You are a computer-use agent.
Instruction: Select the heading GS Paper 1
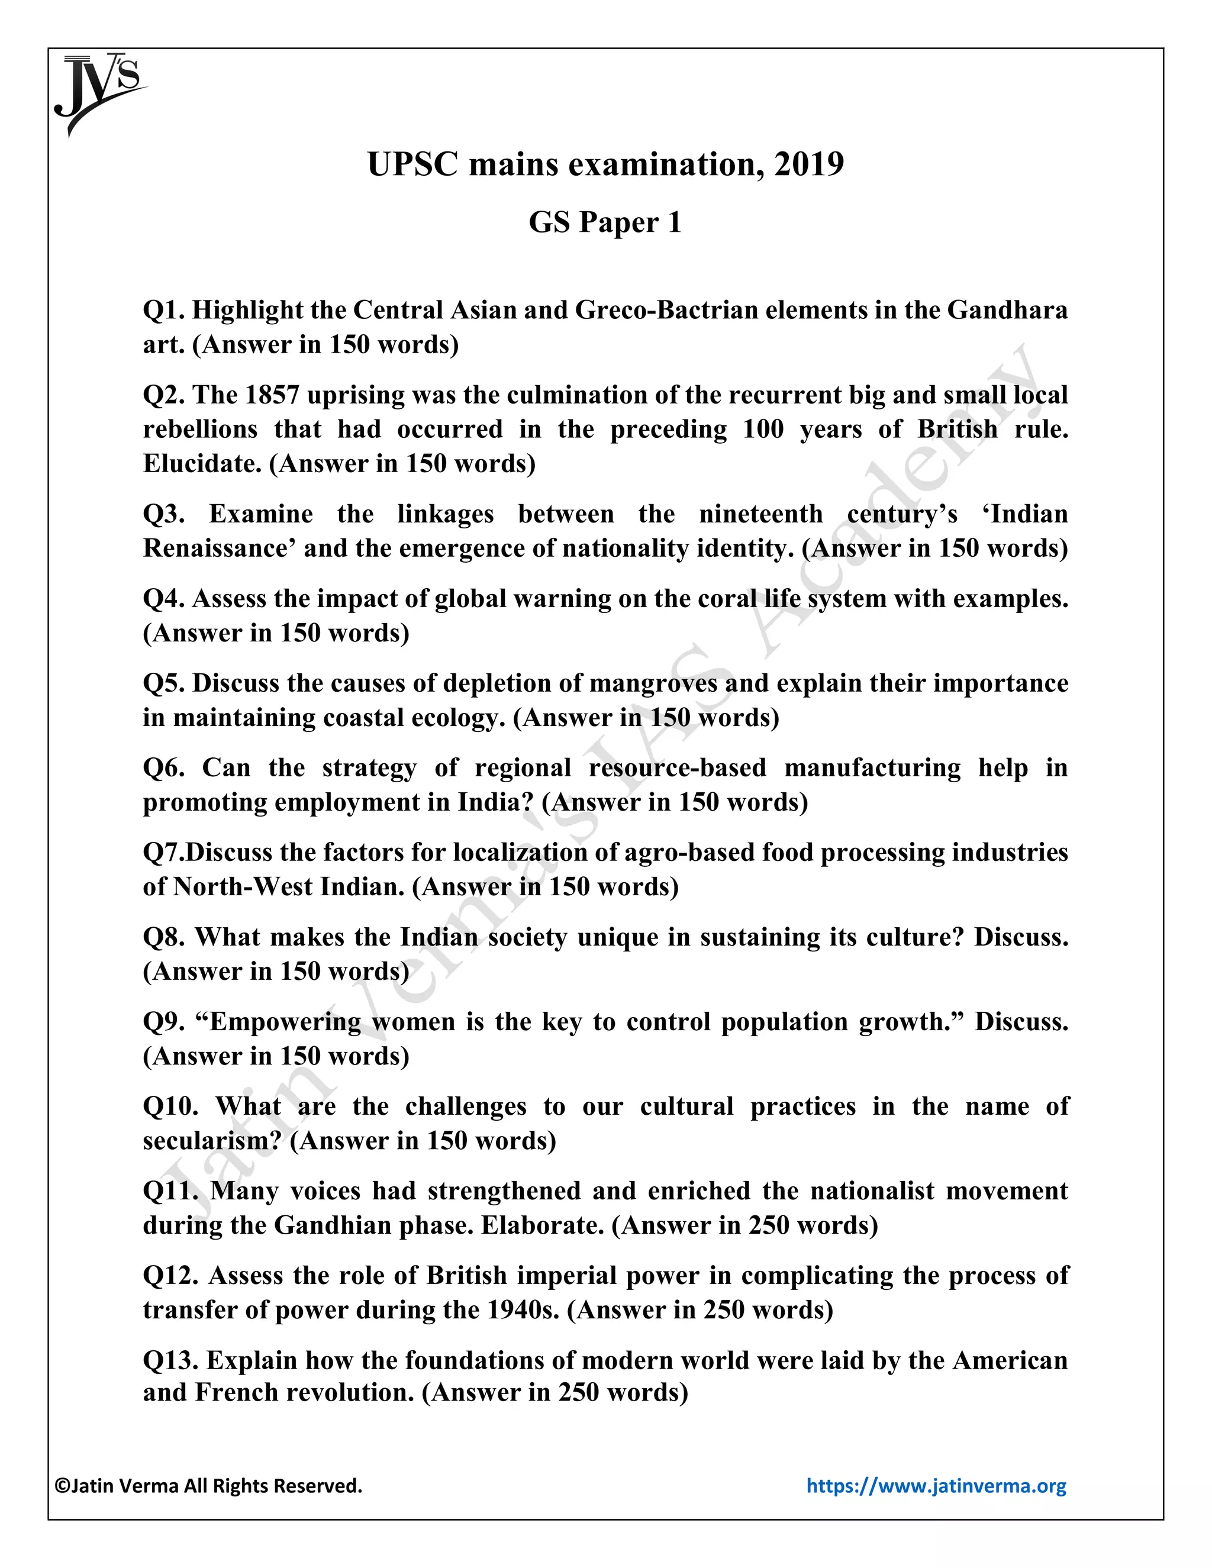[605, 222]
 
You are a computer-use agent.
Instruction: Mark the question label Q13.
[171, 1361]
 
